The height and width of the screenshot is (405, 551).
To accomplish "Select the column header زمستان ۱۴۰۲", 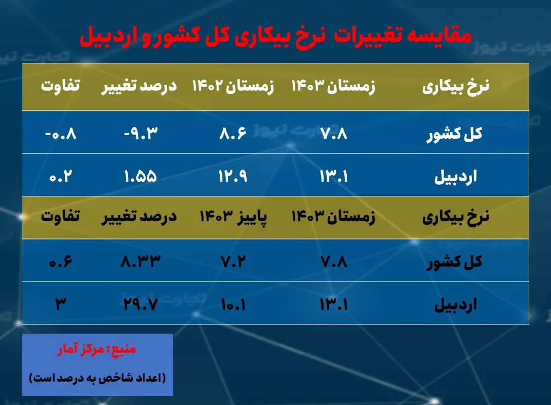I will pyautogui.click(x=232, y=87).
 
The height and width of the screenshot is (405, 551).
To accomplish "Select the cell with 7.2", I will pyautogui.click(x=232, y=261).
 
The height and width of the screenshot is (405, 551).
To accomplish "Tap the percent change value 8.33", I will pyautogui.click(x=140, y=261).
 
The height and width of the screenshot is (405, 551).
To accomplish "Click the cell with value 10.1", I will pyautogui.click(x=232, y=304).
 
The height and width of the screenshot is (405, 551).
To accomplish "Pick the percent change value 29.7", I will pyautogui.click(x=140, y=304).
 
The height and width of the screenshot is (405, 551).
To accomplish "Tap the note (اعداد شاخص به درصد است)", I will pyautogui.click(x=97, y=378).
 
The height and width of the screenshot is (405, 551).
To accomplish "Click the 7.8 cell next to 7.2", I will pyautogui.click(x=333, y=261).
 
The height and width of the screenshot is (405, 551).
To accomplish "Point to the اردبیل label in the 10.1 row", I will pyautogui.click(x=455, y=305).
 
